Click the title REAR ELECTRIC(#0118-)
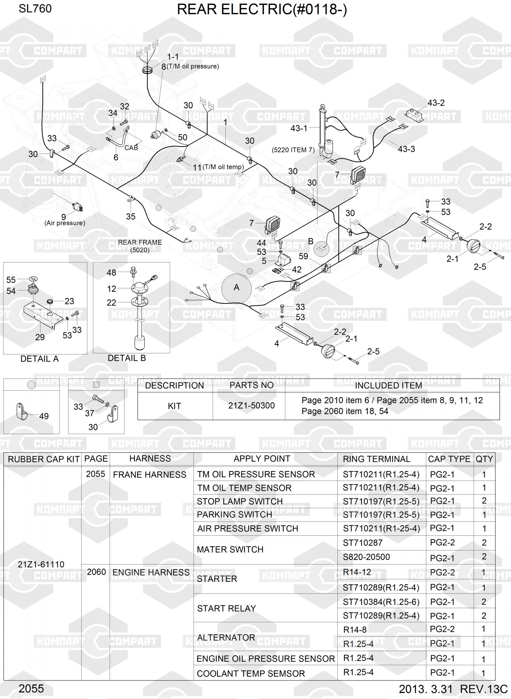pos(262,10)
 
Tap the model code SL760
pos(35,9)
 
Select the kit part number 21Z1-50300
pos(251,405)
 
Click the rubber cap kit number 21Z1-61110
pos(41,564)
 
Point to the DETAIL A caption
pos(39,359)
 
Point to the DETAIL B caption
pos(126,358)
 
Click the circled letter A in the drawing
pos(236,287)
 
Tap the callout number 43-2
pos(436,103)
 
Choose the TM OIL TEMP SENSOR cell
pos(244,488)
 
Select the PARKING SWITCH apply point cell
pos(234,514)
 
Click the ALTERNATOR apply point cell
pos(226,637)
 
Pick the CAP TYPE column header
pos(449,459)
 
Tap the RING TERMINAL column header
pos(376,459)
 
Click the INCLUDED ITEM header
pos(388,385)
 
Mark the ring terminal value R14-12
pos(357,572)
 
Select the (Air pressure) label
pos(65,223)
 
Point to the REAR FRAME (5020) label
pos(140,246)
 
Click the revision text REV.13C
pos(483,689)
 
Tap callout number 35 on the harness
pos(131,216)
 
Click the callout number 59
pos(303,256)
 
